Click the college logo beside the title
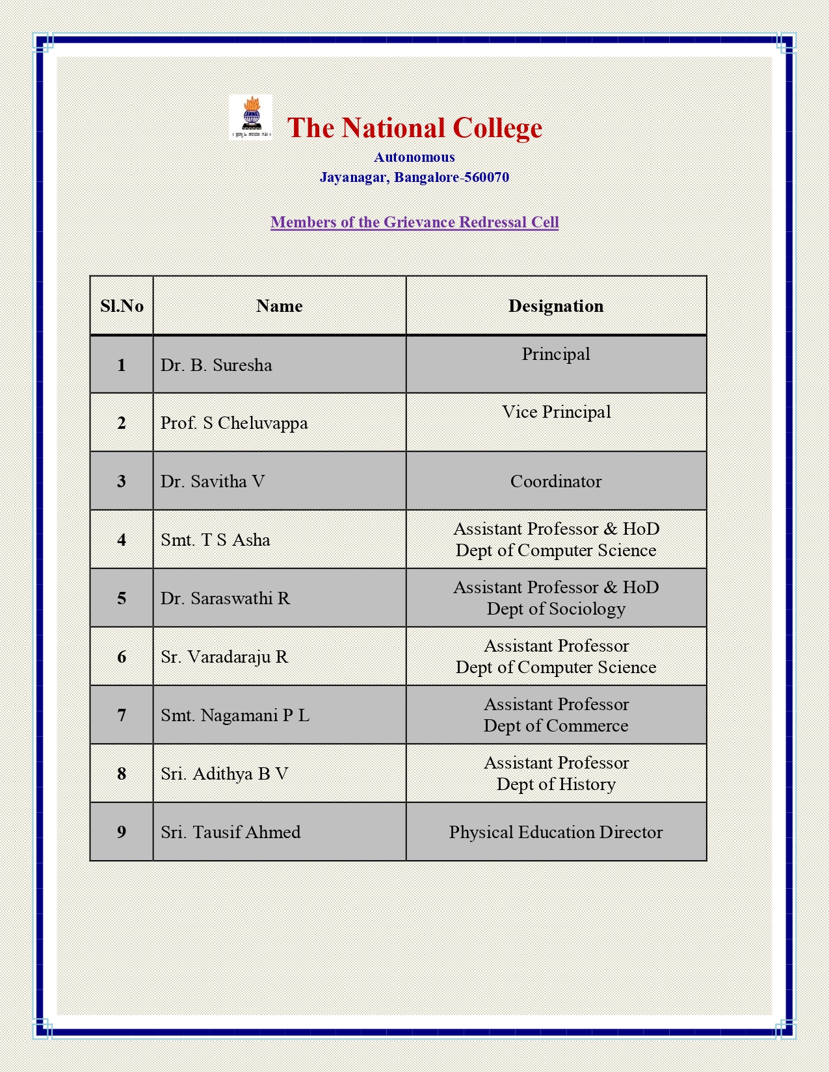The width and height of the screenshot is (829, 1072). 250,118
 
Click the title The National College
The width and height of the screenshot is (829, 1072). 414,128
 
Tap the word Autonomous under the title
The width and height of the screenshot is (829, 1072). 414,157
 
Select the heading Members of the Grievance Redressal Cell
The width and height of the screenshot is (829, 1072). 414,222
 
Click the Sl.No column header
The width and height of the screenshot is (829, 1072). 122,306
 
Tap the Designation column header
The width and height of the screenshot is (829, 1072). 556,306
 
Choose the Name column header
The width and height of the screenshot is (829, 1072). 279,306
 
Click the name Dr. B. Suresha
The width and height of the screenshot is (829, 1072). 217,365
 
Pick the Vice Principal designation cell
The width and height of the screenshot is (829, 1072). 556,412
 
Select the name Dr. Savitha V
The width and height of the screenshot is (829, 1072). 213,481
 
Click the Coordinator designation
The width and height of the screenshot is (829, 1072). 556,481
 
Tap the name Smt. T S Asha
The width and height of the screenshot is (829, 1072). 215,540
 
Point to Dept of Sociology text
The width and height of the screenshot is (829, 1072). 556,609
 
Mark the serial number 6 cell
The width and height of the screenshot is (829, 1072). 122,657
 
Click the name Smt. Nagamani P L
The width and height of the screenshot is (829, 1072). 235,715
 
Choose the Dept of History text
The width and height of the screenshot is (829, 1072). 556,784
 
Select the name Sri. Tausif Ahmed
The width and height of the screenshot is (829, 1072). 231,832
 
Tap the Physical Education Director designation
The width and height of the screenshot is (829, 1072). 556,832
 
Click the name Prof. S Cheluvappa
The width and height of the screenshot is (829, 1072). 234,423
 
